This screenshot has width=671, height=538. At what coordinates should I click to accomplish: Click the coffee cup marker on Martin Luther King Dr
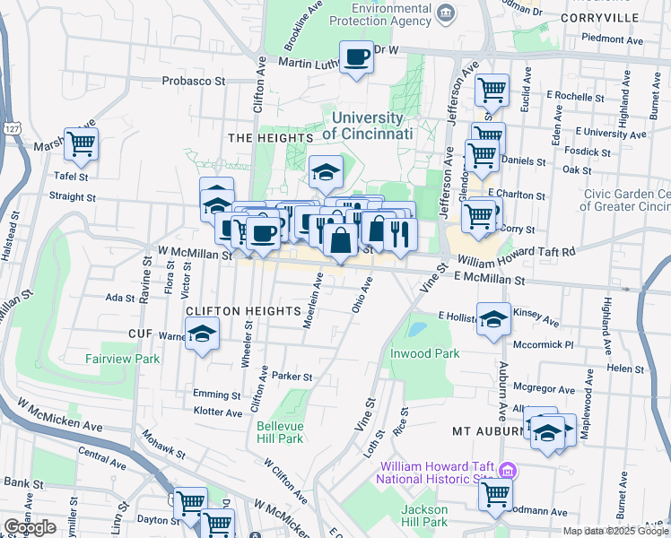tap(356, 58)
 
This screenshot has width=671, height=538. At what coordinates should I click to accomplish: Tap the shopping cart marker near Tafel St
tap(81, 143)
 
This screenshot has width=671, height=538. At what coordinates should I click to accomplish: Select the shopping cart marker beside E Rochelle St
tap(492, 91)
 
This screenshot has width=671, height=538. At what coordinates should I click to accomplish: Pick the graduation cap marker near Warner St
tap(203, 336)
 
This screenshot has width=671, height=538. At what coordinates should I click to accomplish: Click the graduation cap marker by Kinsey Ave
tap(493, 319)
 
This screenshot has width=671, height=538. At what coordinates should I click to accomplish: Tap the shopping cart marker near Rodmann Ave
tap(495, 495)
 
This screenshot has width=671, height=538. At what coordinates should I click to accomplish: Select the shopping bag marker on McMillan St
tap(340, 241)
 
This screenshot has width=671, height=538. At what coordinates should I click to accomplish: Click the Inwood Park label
tap(424, 353)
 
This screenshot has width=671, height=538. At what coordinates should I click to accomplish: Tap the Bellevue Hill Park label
tap(279, 432)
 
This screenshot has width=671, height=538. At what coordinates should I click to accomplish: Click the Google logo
tap(30, 527)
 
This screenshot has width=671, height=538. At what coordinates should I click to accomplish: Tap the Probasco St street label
tap(193, 81)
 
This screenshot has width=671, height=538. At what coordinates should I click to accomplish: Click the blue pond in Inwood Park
tap(415, 329)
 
